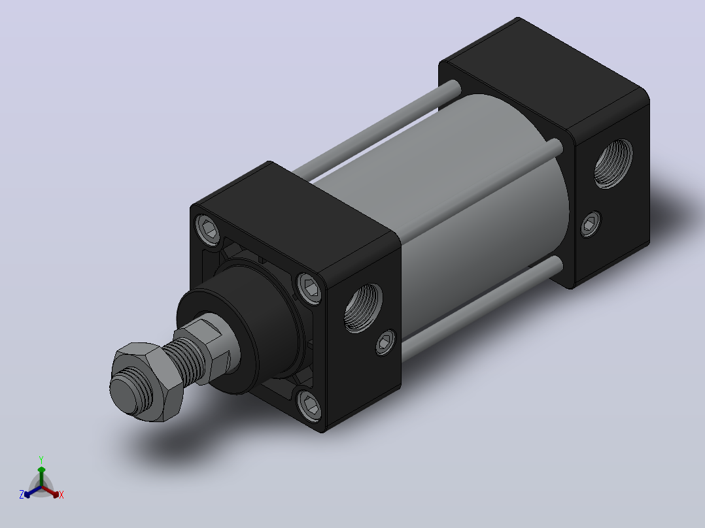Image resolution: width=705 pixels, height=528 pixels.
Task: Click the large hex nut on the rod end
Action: click(x=148, y=382)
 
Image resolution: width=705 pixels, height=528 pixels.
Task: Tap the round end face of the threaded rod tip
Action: click(x=124, y=394)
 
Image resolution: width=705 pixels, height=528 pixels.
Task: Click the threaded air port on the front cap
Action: click(x=364, y=308)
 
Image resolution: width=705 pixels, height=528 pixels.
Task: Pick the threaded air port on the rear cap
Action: click(x=613, y=163)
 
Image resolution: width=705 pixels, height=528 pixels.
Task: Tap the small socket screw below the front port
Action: click(x=385, y=343)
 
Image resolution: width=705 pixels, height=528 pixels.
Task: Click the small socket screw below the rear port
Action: click(x=591, y=223)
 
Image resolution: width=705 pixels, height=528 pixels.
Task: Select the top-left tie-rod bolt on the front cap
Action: click(x=209, y=230)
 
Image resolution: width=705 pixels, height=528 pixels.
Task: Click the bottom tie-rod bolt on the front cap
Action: click(x=310, y=406)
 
